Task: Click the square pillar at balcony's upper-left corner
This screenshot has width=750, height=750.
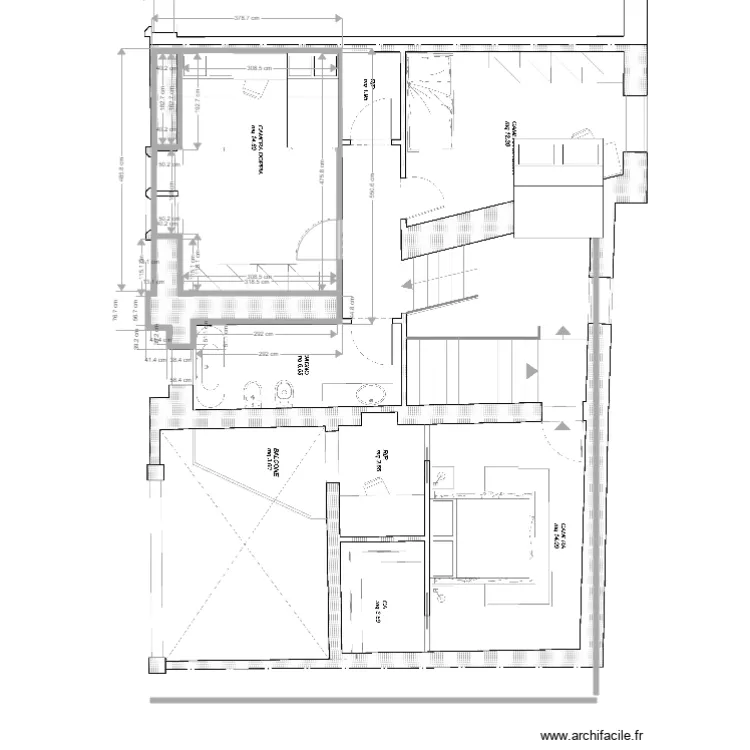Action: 154,473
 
